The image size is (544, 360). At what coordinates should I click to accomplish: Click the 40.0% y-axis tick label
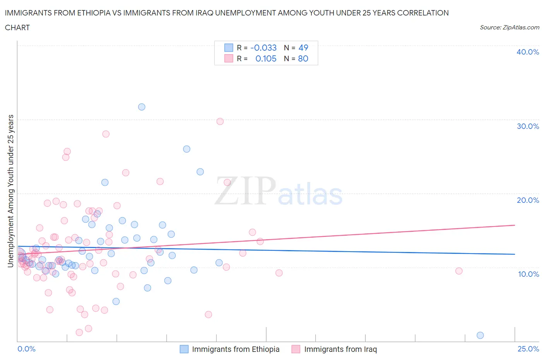(527, 52)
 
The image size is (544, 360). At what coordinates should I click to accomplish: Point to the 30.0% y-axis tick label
(527, 126)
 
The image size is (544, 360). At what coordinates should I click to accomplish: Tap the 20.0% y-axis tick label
(527, 200)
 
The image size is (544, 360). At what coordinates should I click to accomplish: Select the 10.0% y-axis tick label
(527, 274)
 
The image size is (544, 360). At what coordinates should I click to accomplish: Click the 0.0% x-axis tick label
(26, 349)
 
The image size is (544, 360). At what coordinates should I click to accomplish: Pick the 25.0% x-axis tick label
(528, 349)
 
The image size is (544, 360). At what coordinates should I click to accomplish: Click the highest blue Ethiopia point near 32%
(142, 107)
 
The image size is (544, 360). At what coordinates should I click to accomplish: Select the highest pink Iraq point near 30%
(220, 122)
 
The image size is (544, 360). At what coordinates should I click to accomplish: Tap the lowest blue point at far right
(480, 335)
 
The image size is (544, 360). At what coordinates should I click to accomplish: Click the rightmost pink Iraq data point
(459, 271)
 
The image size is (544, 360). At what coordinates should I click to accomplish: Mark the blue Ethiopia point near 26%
(186, 149)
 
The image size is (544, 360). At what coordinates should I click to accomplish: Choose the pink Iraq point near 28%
(106, 134)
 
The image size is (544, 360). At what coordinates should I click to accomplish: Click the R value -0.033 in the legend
(263, 48)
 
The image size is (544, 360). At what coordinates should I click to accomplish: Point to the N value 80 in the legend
(303, 58)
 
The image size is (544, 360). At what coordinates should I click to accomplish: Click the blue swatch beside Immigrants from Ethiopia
(184, 349)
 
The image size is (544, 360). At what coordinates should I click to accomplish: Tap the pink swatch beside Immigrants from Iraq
(296, 349)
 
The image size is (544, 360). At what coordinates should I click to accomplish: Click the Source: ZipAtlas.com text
(509, 27)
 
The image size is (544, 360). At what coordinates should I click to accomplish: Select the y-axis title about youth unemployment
(11, 191)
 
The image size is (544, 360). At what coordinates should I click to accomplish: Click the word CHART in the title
(17, 27)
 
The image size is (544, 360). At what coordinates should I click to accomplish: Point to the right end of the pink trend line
(515, 225)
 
